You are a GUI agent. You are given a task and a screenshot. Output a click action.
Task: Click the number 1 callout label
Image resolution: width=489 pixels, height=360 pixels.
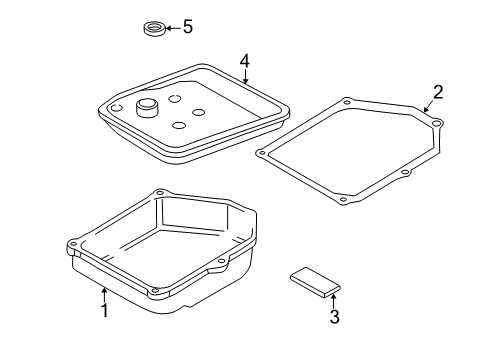pyautogui.click(x=105, y=310)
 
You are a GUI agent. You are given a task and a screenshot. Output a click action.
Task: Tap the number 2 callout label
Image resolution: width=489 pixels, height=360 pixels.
pyautogui.click(x=438, y=92)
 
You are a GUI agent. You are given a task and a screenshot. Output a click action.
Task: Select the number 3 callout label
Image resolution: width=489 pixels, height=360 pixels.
pyautogui.click(x=335, y=317)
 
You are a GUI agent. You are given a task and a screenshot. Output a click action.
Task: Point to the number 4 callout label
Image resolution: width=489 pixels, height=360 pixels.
pyautogui.click(x=245, y=61)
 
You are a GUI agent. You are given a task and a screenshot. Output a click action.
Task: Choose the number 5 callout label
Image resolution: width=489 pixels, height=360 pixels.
pyautogui.click(x=188, y=26)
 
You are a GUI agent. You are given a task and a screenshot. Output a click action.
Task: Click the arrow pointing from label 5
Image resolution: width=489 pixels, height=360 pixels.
pyautogui.click(x=173, y=28)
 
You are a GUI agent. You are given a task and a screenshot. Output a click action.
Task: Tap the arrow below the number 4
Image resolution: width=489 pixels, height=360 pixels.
pyautogui.click(x=245, y=76)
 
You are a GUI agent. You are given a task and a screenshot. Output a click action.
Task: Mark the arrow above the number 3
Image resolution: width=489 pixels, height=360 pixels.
pyautogui.click(x=333, y=300)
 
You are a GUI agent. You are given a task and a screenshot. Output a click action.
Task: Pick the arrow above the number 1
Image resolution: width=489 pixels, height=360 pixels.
pyautogui.click(x=105, y=295)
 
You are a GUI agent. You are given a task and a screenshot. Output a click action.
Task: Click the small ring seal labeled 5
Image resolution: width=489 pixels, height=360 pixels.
pyautogui.click(x=154, y=28)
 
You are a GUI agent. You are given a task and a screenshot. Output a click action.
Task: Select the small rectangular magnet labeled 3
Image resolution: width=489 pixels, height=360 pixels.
pyautogui.click(x=315, y=282)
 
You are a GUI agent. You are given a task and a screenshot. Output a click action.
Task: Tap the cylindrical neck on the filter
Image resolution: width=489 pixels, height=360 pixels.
pyautogui.click(x=147, y=107)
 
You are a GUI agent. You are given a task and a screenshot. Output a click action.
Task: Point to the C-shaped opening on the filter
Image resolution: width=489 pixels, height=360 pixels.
pyautogui.click(x=117, y=108)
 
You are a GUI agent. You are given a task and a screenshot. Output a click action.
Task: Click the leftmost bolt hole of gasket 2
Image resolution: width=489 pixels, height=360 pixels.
pyautogui.click(x=262, y=153)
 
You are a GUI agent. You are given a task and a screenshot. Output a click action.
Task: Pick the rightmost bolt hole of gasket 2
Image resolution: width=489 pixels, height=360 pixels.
pyautogui.click(x=436, y=124)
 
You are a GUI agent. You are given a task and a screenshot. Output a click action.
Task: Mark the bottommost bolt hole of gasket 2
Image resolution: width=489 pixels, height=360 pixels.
pyautogui.click(x=343, y=200)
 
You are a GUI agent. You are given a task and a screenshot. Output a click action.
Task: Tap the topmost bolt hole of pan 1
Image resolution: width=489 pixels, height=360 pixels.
pyautogui.click(x=160, y=193)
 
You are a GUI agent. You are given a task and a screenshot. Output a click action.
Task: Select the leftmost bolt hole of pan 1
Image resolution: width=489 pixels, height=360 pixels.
pyautogui.click(x=73, y=244)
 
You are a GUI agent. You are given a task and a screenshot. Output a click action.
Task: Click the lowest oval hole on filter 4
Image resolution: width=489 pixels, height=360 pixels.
pyautogui.click(x=179, y=125)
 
